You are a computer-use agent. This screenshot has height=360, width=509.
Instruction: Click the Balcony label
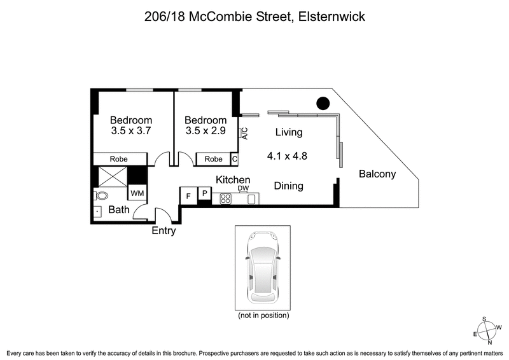point(377,174)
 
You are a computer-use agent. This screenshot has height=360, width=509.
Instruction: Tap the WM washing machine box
point(137,192)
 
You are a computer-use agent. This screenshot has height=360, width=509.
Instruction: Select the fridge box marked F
point(188,196)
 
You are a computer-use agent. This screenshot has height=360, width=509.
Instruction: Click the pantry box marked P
point(204,193)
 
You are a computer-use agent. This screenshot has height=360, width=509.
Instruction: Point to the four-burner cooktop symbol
point(225,198)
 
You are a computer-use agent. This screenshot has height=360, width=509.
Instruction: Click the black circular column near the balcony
point(323,102)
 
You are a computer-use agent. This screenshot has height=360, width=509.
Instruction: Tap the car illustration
point(263,267)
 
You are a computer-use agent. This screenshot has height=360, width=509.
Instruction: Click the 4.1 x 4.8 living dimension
point(286,155)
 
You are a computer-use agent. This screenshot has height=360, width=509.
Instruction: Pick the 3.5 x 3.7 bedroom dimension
point(131,132)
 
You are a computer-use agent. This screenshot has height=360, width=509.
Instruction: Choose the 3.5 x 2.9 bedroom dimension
point(206,132)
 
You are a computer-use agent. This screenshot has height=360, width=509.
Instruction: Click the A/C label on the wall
point(244,133)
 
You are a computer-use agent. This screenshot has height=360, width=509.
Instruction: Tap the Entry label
point(164,231)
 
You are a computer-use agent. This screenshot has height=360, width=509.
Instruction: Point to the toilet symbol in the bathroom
point(100,195)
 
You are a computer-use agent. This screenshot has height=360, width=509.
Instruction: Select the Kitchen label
point(232,180)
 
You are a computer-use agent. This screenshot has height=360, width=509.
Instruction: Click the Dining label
point(288,186)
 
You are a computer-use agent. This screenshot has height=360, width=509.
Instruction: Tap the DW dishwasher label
point(243,188)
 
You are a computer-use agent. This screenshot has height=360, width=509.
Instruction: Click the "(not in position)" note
point(263,315)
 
